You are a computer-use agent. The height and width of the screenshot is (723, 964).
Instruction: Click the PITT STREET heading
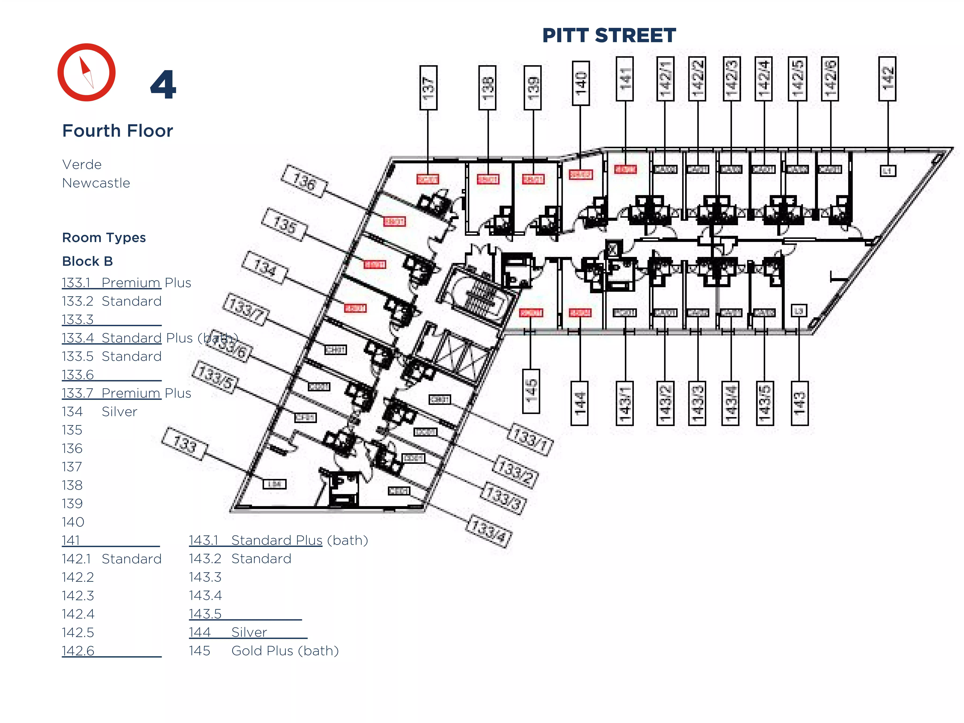coord(609,35)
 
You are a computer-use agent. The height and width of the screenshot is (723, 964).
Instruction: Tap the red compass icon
coord(87,72)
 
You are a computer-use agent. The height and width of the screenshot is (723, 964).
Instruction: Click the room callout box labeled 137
coord(428,88)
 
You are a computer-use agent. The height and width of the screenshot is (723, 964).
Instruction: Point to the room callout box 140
coord(581,83)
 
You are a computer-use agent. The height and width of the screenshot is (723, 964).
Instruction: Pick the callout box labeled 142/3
coord(731,79)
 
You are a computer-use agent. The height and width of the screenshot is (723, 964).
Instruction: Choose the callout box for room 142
coord(887,79)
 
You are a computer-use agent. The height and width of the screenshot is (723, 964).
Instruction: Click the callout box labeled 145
coord(531,391)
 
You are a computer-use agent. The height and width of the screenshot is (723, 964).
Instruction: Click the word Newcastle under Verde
coord(96,183)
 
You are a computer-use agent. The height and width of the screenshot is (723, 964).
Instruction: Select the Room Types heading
coord(104,238)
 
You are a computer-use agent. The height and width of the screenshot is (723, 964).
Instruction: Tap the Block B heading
coord(87,261)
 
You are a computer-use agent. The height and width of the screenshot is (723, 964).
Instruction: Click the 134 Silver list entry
coord(99,411)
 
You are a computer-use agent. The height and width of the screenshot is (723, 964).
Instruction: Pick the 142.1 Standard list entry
coord(112,559)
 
